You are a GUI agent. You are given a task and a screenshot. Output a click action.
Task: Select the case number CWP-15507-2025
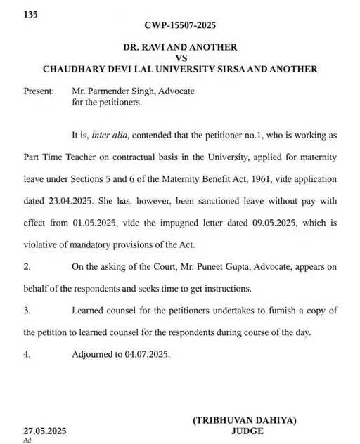point(181,25)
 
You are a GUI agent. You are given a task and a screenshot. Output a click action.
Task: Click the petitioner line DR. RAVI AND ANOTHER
point(180,47)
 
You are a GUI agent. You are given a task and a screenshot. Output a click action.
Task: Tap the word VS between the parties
point(180,58)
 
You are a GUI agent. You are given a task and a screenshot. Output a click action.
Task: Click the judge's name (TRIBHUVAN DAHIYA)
point(245,420)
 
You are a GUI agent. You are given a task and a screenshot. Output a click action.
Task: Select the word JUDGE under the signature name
point(246,431)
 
